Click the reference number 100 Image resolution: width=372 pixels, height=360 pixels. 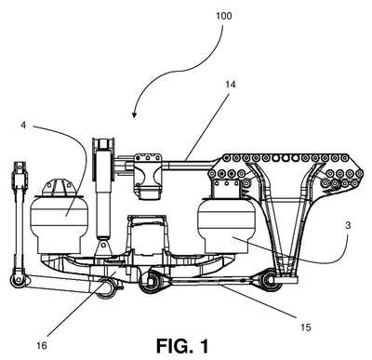click(223, 16)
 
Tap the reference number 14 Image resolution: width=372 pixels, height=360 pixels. click(231, 85)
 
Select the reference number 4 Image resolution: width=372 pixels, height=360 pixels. click(23, 125)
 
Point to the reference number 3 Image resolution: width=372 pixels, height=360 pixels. click(348, 225)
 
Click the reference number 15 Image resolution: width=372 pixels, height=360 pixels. click(305, 327)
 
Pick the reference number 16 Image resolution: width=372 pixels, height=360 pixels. click(42, 345)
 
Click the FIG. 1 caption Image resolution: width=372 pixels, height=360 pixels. click(182, 346)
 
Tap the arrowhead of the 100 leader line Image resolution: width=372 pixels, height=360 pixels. click(134, 115)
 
